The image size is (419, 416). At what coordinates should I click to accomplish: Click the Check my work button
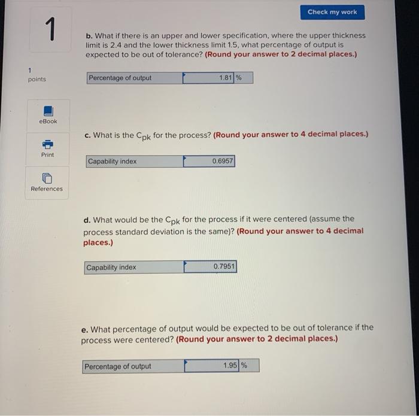click(332, 12)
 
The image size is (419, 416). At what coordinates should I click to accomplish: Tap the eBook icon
click(48, 111)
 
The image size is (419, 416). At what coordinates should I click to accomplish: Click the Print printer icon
click(47, 144)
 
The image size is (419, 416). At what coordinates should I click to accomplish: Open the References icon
click(47, 178)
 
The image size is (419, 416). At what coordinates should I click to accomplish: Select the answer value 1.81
click(225, 78)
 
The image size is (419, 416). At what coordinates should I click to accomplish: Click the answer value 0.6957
click(223, 162)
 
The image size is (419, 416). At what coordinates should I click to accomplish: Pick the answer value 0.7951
click(224, 267)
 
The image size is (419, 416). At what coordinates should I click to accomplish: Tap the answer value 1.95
click(230, 366)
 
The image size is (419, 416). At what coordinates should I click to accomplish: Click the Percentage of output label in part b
click(120, 78)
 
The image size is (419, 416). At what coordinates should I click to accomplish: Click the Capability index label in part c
click(113, 162)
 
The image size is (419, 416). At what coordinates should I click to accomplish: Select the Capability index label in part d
click(111, 268)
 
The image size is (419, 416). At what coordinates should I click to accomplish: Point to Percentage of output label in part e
click(118, 366)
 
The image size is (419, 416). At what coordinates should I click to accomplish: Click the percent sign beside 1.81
click(238, 78)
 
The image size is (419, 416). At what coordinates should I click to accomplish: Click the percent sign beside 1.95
click(244, 366)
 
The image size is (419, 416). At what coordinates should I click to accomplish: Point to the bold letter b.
click(88, 35)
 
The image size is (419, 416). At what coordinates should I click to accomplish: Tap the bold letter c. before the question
click(88, 135)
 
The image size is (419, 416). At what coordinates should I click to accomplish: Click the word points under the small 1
click(37, 80)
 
